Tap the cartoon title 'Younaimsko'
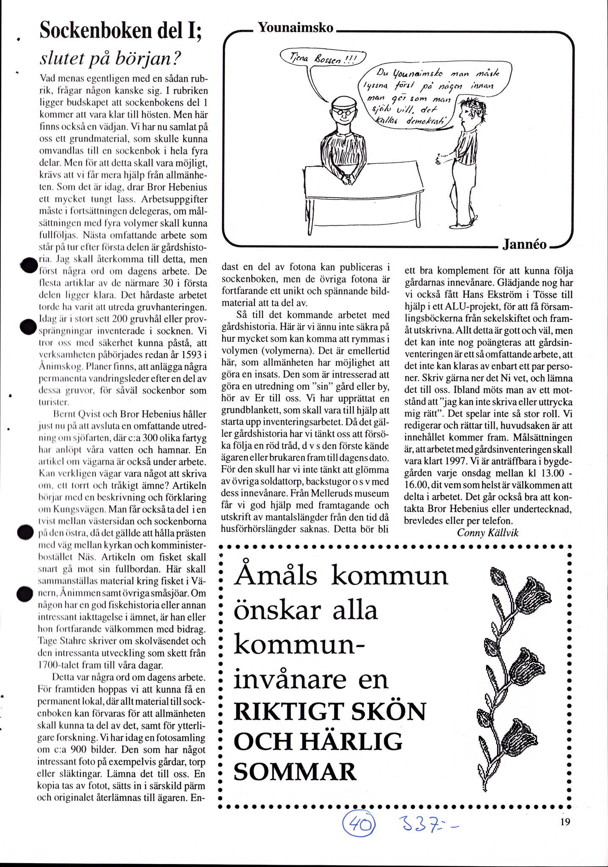tap(296, 28)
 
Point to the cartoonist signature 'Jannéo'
tap(525, 244)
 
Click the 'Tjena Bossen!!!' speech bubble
tap(323, 59)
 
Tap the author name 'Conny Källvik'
tap(488, 532)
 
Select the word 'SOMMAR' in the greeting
tap(295, 772)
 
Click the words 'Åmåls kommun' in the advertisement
tap(341, 576)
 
